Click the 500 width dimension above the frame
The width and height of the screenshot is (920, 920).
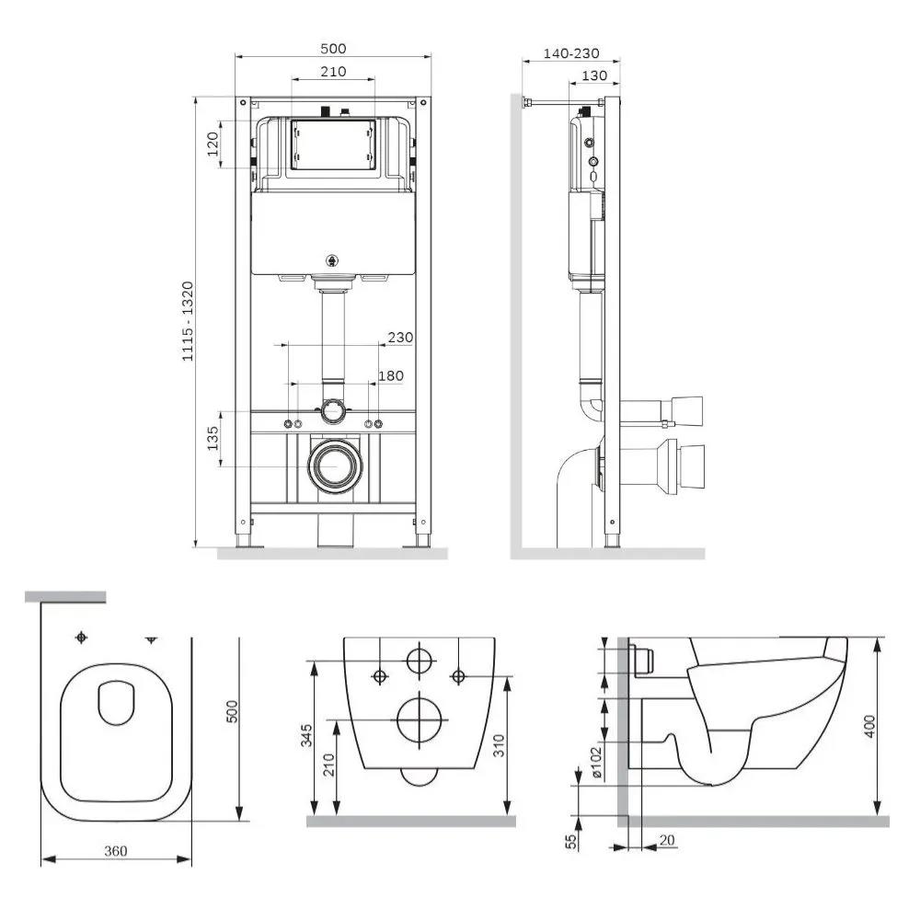[x=333, y=49]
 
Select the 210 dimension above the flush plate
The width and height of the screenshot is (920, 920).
[x=333, y=72]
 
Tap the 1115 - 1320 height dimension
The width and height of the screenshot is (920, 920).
[x=187, y=321]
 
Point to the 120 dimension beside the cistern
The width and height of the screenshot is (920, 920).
[x=213, y=144]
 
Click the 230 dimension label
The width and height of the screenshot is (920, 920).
[x=400, y=338]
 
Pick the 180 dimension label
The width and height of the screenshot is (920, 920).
[x=391, y=375]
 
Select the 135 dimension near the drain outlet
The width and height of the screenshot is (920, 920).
[x=213, y=438]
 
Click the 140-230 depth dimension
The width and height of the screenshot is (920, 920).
[x=571, y=53]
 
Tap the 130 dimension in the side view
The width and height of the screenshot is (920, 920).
[x=593, y=75]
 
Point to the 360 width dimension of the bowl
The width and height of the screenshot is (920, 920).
[x=116, y=851]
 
